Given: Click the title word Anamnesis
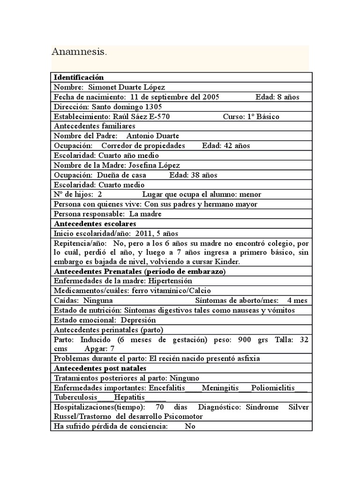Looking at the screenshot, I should [79, 52].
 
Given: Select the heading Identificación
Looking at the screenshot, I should [79, 77].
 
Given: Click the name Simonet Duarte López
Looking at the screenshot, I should [127, 87].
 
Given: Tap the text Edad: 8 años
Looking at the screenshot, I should [277, 97].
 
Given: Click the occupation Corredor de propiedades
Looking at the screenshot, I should [143, 146].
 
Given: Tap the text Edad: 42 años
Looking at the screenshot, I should [226, 146].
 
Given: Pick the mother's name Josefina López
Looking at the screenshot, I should [152, 165].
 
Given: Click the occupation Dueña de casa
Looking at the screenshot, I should [121, 175].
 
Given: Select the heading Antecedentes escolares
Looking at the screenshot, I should [95, 224].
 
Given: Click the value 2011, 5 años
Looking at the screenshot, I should [157, 233].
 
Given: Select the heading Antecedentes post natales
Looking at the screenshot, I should [100, 368].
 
